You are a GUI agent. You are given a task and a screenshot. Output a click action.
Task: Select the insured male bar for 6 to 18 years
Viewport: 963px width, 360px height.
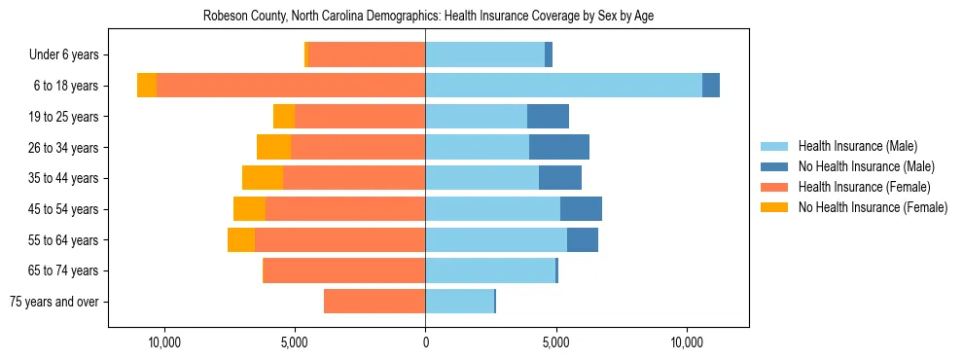tap(563, 86)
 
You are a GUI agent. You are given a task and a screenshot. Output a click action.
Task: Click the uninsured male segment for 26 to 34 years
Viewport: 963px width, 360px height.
tap(559, 147)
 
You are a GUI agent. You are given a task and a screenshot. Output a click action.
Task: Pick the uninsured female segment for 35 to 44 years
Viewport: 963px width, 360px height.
tap(263, 178)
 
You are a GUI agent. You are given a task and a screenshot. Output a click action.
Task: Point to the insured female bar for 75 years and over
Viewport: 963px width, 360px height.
tap(374, 302)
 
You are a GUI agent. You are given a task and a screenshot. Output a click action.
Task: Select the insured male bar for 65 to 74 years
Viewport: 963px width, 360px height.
tap(490, 270)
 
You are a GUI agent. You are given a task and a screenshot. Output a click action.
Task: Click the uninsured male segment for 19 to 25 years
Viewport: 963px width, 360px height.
tap(548, 117)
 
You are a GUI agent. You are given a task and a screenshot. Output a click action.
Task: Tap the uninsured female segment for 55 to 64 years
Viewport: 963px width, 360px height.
tap(241, 239)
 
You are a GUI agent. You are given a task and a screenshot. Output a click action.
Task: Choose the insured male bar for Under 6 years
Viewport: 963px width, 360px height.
tap(484, 54)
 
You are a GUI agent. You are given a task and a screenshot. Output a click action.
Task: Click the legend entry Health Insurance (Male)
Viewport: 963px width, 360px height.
tap(857, 146)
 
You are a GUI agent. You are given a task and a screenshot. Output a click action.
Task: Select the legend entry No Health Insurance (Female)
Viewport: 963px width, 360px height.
tap(873, 207)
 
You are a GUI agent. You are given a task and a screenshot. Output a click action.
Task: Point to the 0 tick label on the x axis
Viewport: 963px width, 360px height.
tap(425, 343)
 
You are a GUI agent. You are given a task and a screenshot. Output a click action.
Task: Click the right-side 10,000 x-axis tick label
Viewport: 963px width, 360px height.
tap(687, 343)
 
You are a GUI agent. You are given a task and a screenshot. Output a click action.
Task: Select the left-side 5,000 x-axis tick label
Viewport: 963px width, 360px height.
tap(295, 343)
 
